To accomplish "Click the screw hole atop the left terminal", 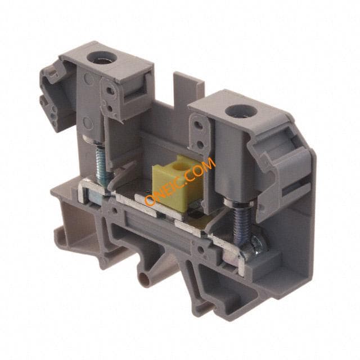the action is pos(102,57).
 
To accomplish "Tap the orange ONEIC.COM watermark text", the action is pos(180,181).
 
